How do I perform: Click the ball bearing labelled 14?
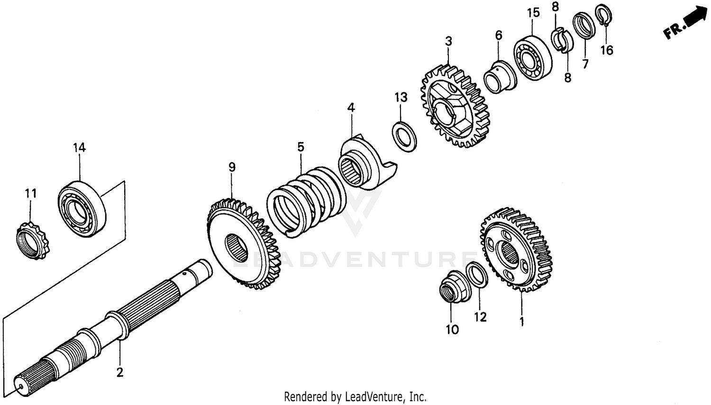point(82,209)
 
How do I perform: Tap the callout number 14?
point(79,147)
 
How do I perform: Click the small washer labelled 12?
point(477,275)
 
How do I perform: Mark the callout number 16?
point(607,50)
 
